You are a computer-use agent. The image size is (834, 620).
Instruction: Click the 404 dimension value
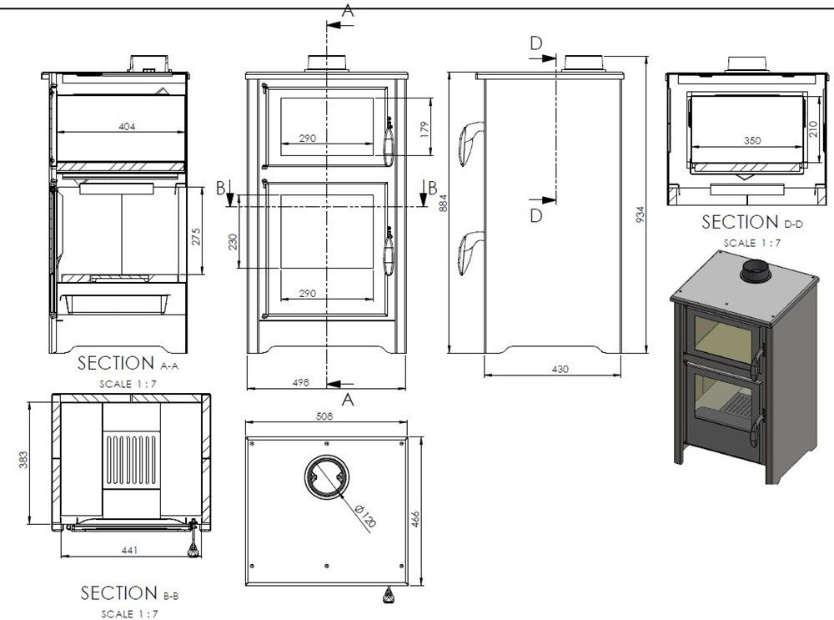pos(127,127)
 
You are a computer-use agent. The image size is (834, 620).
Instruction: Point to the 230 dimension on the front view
pos(234,242)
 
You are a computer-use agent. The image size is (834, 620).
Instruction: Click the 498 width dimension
pos(302,382)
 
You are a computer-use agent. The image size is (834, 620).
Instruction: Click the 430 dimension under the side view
pos(560,368)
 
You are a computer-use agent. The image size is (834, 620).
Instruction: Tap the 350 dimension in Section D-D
pos(751,141)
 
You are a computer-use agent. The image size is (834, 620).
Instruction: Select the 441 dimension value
pos(129,550)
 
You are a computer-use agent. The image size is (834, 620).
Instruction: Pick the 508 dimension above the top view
pos(326,415)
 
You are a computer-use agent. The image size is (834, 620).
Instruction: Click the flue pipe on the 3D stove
pos(757,272)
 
